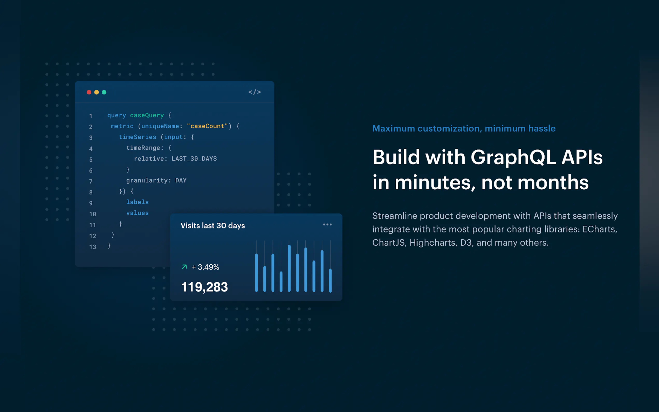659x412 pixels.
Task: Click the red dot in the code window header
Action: point(89,92)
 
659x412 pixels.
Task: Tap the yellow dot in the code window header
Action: point(97,92)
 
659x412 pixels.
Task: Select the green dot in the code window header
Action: point(104,92)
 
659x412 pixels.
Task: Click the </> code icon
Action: point(255,92)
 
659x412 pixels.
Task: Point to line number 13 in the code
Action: point(93,247)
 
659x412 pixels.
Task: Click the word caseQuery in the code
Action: point(147,115)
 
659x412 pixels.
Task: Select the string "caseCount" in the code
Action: point(207,126)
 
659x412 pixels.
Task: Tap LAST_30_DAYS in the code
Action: point(194,159)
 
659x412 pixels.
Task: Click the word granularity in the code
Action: point(147,180)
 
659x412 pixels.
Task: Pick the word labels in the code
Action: point(137,202)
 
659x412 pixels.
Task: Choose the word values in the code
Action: point(137,213)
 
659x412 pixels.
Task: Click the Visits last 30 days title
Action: point(213,226)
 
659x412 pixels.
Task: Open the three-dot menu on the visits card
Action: point(327,224)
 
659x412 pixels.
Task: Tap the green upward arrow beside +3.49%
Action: point(184,267)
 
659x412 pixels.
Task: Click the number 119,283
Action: point(205,287)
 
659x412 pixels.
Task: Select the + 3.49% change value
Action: point(205,267)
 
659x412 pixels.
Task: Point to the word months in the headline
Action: point(553,182)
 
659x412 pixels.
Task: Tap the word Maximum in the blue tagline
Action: point(394,128)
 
